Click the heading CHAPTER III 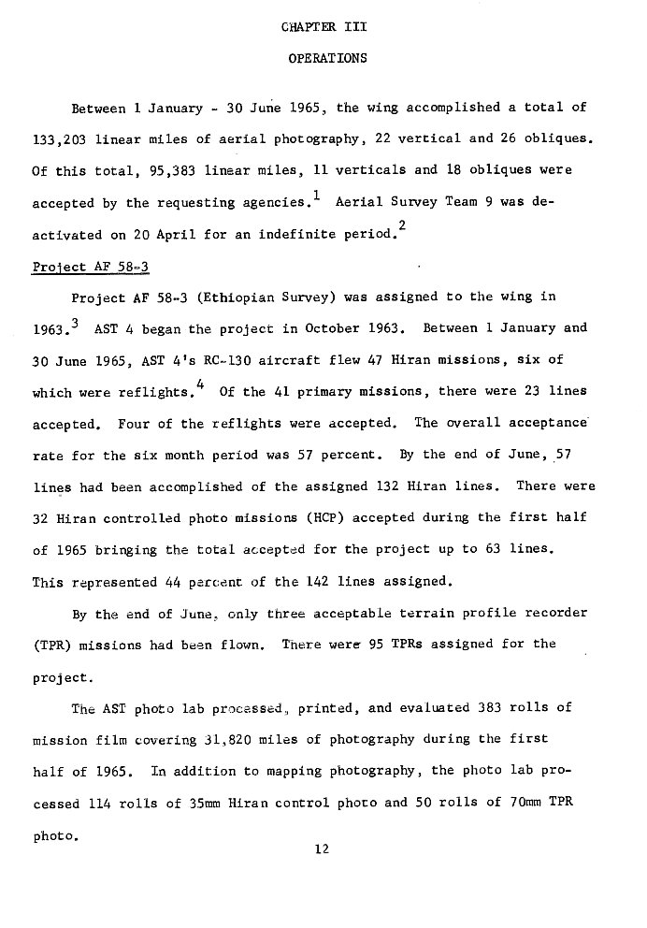tap(323, 28)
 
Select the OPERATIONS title tap(323, 59)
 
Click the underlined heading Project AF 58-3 tap(91, 266)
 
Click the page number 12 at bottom tap(323, 850)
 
